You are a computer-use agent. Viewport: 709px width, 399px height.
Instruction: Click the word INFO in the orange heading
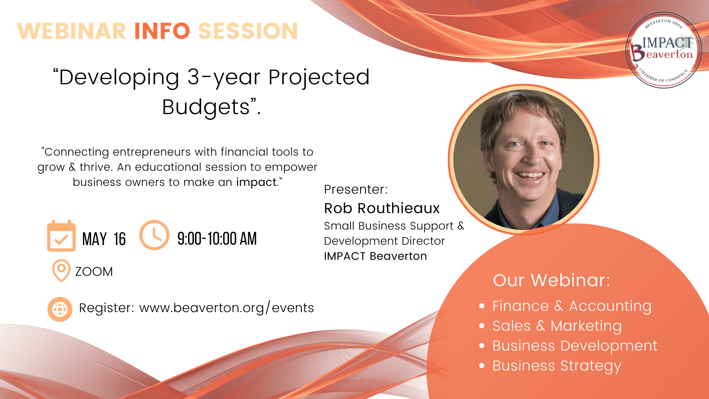(x=162, y=31)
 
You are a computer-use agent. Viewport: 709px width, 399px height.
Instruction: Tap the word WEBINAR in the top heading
(x=72, y=31)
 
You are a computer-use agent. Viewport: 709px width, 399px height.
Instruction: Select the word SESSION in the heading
(x=248, y=31)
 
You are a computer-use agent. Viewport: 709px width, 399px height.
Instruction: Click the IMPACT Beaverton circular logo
(x=664, y=50)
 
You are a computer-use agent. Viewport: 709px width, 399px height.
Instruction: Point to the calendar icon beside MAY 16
(x=61, y=236)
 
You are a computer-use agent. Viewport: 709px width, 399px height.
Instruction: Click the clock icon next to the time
(x=154, y=235)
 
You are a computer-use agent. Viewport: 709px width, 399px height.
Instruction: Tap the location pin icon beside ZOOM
(x=61, y=271)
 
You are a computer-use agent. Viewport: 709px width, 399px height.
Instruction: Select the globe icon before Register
(x=60, y=309)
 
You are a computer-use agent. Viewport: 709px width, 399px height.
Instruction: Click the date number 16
(x=120, y=239)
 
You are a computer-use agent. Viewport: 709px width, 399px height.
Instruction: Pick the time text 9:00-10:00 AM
(x=217, y=239)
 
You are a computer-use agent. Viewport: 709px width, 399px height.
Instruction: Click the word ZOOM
(x=94, y=272)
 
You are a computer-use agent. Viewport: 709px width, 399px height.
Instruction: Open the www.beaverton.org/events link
(x=227, y=308)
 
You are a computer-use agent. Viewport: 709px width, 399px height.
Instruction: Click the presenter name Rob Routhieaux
(x=382, y=208)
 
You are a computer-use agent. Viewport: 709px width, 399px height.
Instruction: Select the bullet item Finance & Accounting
(x=572, y=306)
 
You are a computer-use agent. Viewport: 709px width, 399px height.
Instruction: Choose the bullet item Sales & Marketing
(x=557, y=326)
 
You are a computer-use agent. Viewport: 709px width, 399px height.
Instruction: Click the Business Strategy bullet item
(x=557, y=366)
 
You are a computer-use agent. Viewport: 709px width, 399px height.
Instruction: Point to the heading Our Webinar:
(x=551, y=281)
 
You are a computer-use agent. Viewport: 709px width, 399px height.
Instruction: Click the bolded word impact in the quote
(x=256, y=182)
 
